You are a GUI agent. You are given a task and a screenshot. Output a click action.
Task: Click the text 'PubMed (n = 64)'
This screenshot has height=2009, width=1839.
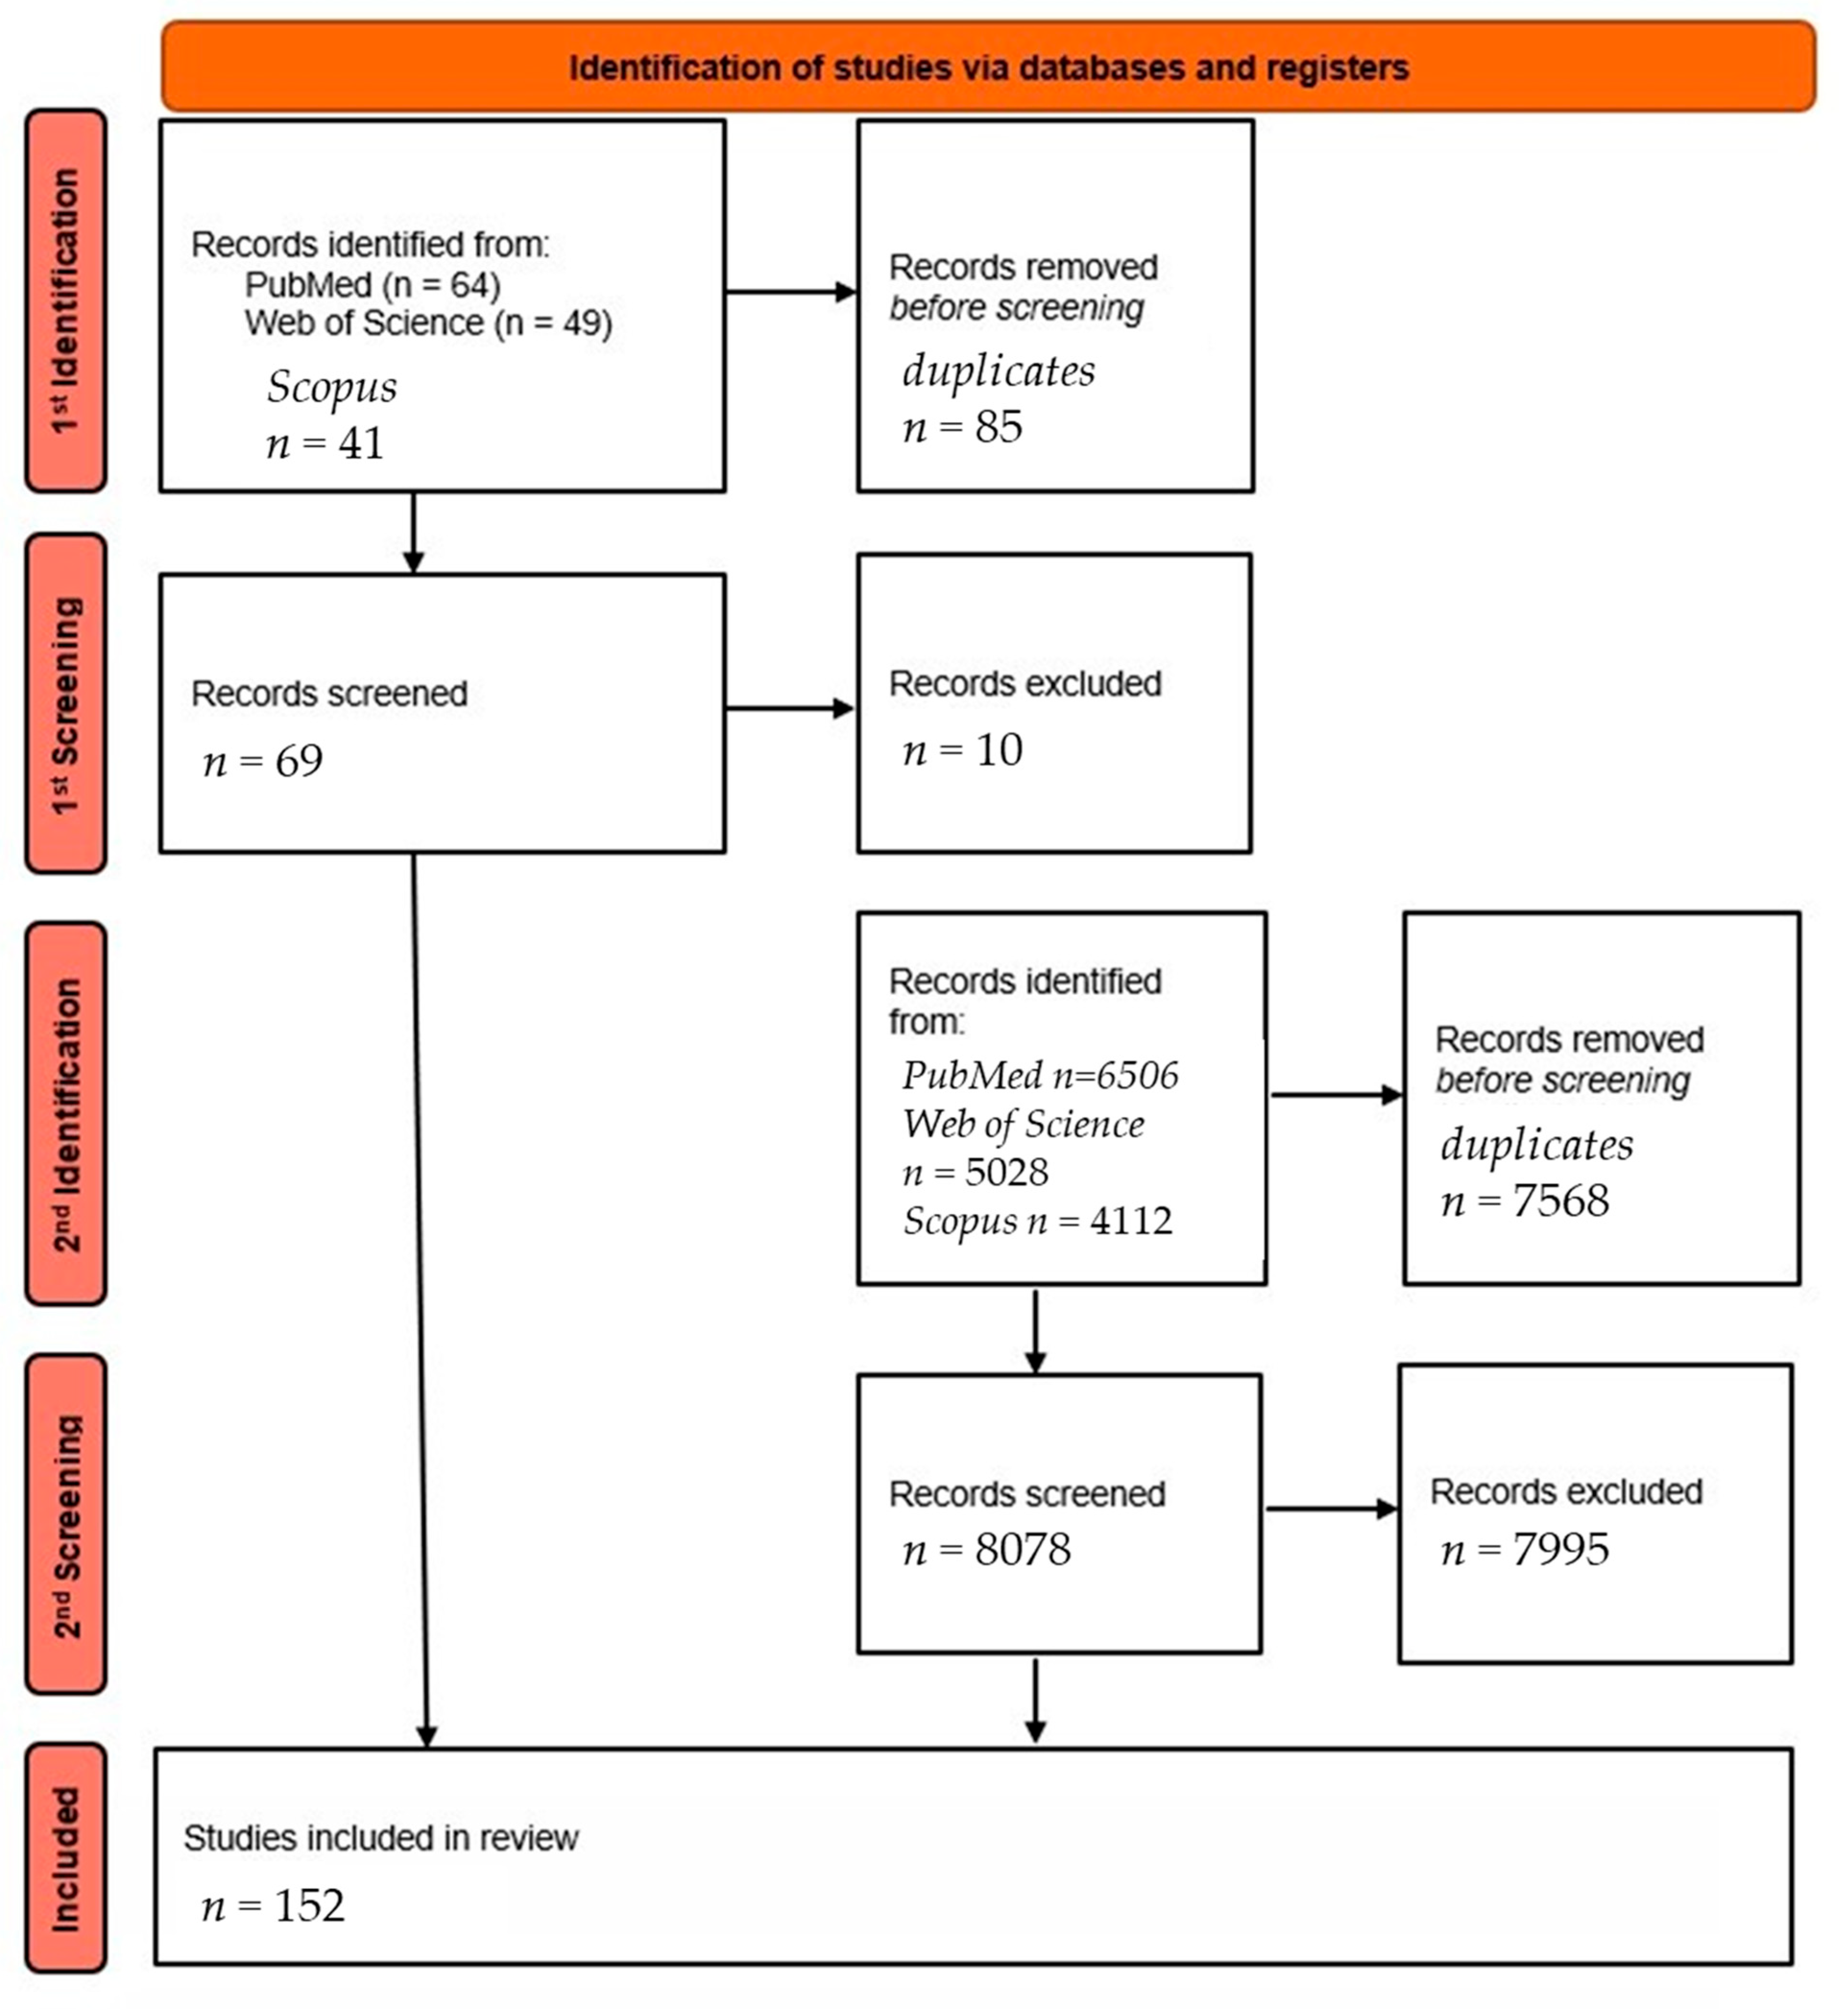point(372,285)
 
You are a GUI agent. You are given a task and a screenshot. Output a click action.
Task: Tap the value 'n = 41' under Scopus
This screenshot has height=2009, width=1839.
point(325,442)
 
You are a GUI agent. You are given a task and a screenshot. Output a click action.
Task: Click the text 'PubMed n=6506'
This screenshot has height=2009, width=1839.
point(1040,1075)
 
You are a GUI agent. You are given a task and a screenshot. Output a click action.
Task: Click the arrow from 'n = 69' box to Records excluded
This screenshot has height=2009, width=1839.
point(790,709)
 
